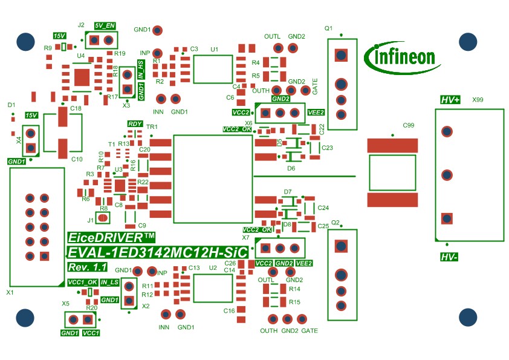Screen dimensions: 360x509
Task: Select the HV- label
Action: [x=449, y=257]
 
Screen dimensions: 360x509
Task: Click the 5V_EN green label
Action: [x=105, y=26]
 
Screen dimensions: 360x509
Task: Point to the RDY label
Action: [x=135, y=124]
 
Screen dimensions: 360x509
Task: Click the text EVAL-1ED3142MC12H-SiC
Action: [x=157, y=253]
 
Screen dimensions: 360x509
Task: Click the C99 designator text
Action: [x=408, y=126]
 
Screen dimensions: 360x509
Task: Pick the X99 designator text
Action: [x=478, y=99]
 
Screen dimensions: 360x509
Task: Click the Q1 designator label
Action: [x=329, y=28]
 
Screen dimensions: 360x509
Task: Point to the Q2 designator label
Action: [x=336, y=222]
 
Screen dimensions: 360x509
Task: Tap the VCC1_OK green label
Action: [x=82, y=282]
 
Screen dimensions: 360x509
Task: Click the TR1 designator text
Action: [x=152, y=127]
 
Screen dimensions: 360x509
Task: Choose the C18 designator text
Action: [x=76, y=108]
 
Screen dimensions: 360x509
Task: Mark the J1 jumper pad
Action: [x=103, y=218]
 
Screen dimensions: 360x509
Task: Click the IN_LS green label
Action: [x=109, y=282]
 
